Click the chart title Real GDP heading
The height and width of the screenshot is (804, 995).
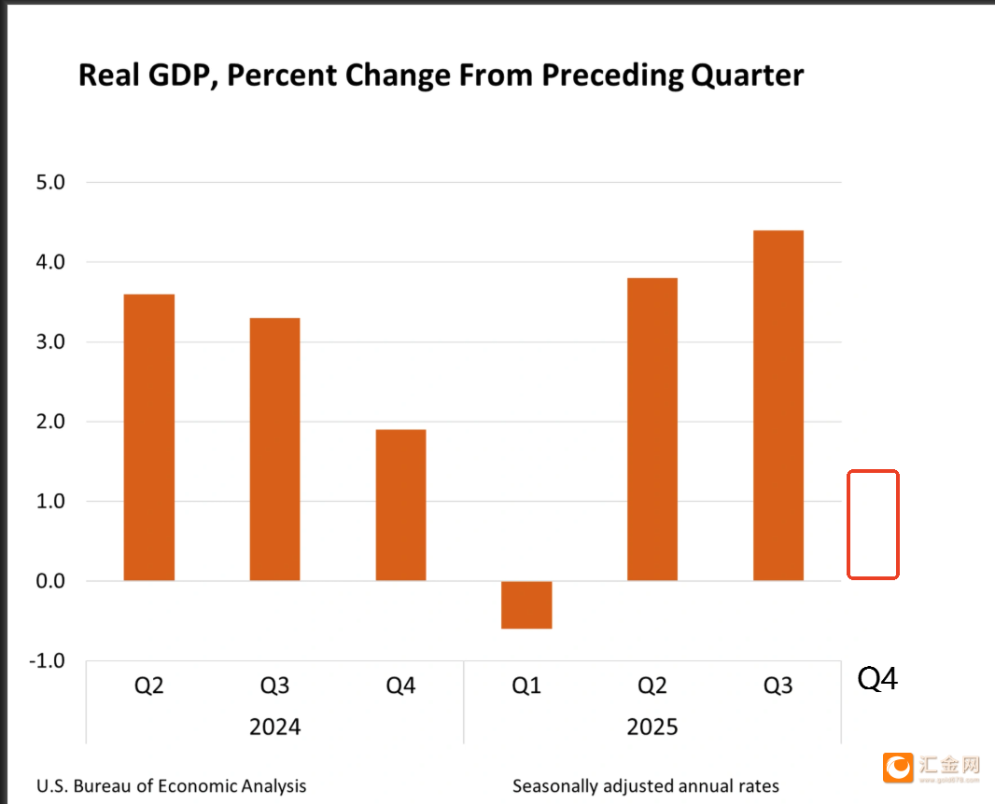(441, 76)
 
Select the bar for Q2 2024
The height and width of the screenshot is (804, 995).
(149, 437)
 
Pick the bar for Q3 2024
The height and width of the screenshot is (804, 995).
(274, 450)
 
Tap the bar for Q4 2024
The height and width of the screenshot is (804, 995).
(400, 505)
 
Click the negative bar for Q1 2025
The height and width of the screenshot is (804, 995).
(526, 604)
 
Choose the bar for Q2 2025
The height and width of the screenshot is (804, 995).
(652, 429)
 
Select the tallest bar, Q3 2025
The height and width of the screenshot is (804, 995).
(778, 406)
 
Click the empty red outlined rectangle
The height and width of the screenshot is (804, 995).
(873, 524)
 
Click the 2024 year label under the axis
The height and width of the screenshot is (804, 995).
(274, 727)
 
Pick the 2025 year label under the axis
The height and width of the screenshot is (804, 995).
(652, 727)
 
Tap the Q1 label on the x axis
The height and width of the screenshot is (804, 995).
(526, 686)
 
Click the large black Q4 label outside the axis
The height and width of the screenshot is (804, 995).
(877, 679)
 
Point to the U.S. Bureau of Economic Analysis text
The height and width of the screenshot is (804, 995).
(171, 786)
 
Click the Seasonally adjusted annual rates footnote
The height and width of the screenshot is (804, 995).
(645, 786)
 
